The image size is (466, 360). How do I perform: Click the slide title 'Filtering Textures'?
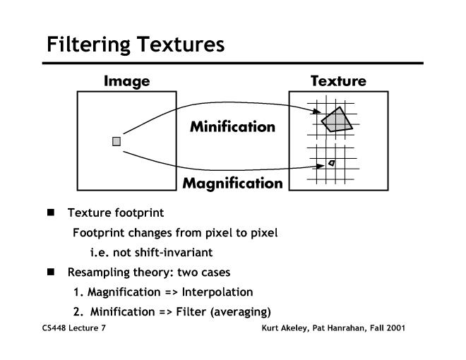click(135, 44)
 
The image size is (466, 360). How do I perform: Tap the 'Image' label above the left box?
click(126, 81)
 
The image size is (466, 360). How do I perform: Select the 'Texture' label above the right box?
click(338, 81)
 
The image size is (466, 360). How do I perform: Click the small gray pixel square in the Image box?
click(116, 141)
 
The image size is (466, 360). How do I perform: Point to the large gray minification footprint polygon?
click(337, 119)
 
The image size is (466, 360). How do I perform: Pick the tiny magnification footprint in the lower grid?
click(331, 163)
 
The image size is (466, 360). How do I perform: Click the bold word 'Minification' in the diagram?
click(232, 127)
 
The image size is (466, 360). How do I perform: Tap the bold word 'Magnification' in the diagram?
click(232, 184)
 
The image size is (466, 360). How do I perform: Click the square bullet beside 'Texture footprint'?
click(51, 212)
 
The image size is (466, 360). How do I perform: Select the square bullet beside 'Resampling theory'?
click(51, 272)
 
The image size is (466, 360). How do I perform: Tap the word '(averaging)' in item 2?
click(244, 311)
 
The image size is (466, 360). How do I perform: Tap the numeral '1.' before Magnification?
click(78, 292)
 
